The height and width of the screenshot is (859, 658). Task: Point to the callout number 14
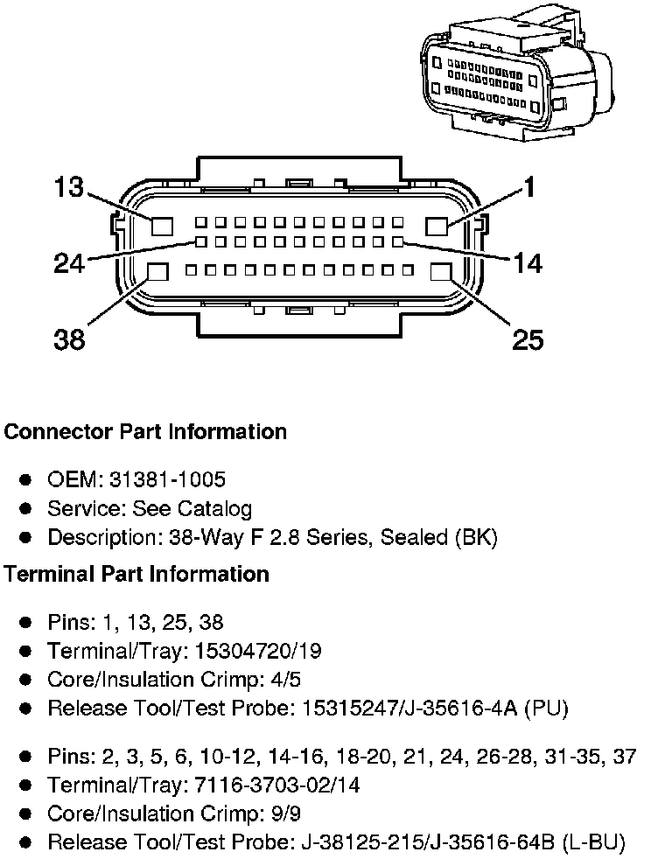tap(527, 262)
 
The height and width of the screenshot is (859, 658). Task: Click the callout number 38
tap(69, 339)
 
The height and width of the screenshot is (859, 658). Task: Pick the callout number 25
tap(527, 339)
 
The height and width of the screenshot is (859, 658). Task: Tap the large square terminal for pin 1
tap(437, 226)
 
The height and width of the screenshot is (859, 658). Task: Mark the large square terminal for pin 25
tap(441, 272)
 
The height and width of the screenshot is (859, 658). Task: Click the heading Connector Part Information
tap(145, 432)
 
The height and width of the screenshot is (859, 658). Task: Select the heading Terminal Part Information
tap(136, 574)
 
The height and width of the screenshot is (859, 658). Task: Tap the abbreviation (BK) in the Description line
tap(475, 537)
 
